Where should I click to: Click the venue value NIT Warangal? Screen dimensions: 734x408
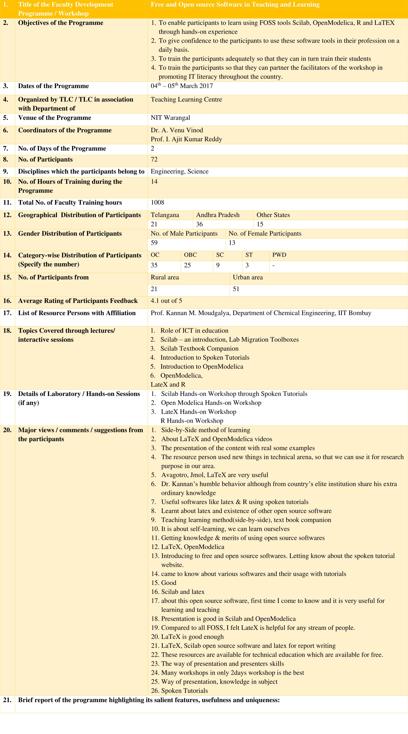[170, 118]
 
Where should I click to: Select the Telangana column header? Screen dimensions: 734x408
[165, 215]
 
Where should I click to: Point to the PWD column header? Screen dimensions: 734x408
[279, 255]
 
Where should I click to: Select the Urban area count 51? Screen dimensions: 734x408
[236, 289]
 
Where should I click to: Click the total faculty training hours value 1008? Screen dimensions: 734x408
[157, 202]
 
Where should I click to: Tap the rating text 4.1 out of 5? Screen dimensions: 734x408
[166, 301]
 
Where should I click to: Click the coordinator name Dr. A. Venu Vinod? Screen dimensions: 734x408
[177, 130]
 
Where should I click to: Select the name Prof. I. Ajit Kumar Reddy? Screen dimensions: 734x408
[186, 139]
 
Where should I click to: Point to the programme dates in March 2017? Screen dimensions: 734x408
[182, 86]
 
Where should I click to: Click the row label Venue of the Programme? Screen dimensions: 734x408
[54, 118]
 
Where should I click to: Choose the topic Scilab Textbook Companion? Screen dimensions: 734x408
[199, 348]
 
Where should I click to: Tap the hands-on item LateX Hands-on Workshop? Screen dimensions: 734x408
[198, 412]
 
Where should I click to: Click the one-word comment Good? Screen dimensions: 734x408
[169, 583]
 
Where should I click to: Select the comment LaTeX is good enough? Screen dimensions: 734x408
[192, 637]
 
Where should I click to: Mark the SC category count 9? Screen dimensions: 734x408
[218, 265]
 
